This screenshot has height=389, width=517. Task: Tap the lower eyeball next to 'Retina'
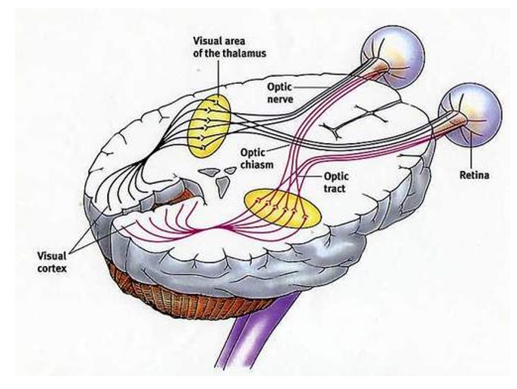pos(470,109)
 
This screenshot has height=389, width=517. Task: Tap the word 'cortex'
pos(54,267)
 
